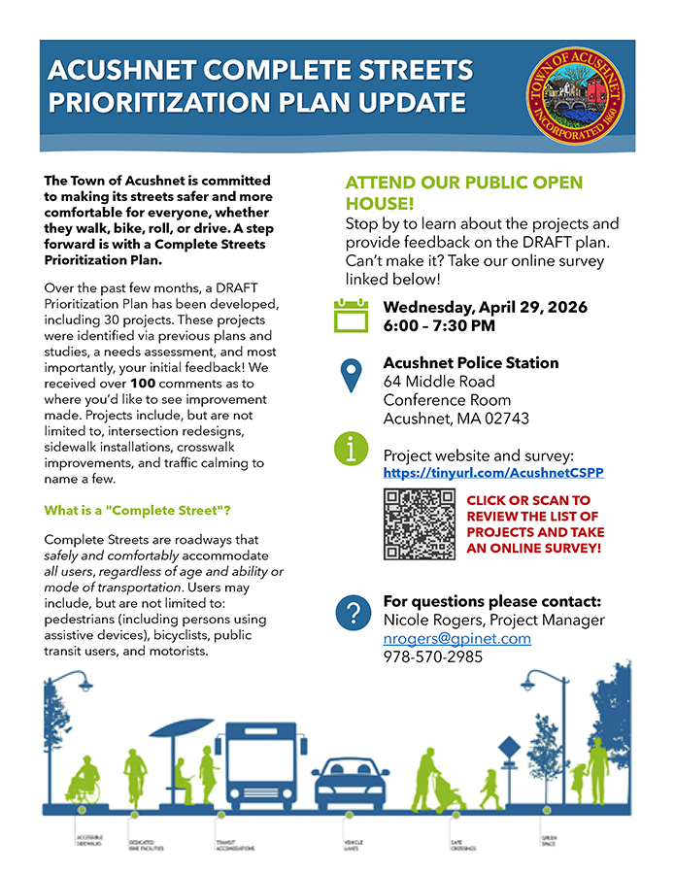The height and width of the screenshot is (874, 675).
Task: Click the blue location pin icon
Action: coord(351,376)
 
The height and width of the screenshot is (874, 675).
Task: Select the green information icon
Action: coord(351,448)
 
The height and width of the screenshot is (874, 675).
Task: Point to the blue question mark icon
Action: coord(351,613)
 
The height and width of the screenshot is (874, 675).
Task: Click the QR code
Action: coord(420,524)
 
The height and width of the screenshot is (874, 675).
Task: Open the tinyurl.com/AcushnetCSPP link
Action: coord(493,473)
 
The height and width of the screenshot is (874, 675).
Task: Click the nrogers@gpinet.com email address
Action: coord(456,638)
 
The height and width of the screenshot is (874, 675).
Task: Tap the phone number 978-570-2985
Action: coord(433,657)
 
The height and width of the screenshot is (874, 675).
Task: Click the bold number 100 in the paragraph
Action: coord(142,384)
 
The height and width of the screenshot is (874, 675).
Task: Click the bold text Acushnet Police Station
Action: coord(471,362)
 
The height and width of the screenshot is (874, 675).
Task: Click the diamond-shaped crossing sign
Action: coord(510,748)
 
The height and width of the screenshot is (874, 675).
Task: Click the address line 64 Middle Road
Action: coord(439,382)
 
